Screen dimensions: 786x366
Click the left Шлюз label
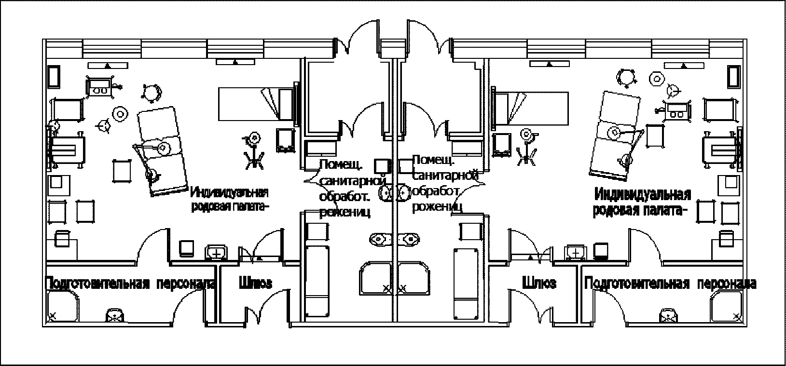[x=255, y=283]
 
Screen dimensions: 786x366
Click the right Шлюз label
[x=539, y=283]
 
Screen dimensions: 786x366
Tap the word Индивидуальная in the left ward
[x=229, y=193]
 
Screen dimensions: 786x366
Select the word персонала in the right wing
[x=727, y=284]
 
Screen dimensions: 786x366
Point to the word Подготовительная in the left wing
[x=97, y=284]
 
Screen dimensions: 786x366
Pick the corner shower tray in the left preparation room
[x=63, y=307]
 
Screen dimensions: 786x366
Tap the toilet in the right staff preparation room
[x=668, y=315]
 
